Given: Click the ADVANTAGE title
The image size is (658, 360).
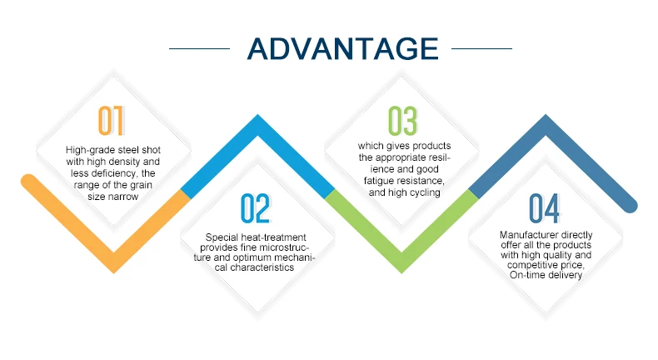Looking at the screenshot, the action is tap(342, 48).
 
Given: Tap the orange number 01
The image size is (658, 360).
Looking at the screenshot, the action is tap(111, 121).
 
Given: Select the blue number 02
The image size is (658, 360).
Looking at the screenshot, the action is tap(255, 208).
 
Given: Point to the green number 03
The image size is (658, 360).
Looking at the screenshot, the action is tap(402, 121).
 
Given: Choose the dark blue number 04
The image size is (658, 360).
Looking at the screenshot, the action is tap(544, 208).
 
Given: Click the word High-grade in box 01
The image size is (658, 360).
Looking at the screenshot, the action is tap(86, 150).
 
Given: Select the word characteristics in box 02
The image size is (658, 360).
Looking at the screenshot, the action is tap(262, 267).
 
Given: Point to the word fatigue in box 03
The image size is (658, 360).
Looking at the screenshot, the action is tap(379, 181).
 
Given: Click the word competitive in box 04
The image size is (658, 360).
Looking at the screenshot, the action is tap(531, 266).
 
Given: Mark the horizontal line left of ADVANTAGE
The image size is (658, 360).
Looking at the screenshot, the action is tap(199, 48).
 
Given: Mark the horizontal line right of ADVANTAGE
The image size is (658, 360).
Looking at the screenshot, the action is tap(481, 48).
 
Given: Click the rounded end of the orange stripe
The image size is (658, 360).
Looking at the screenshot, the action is tap(28, 182).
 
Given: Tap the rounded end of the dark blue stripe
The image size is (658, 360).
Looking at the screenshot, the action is tap(630, 205).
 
